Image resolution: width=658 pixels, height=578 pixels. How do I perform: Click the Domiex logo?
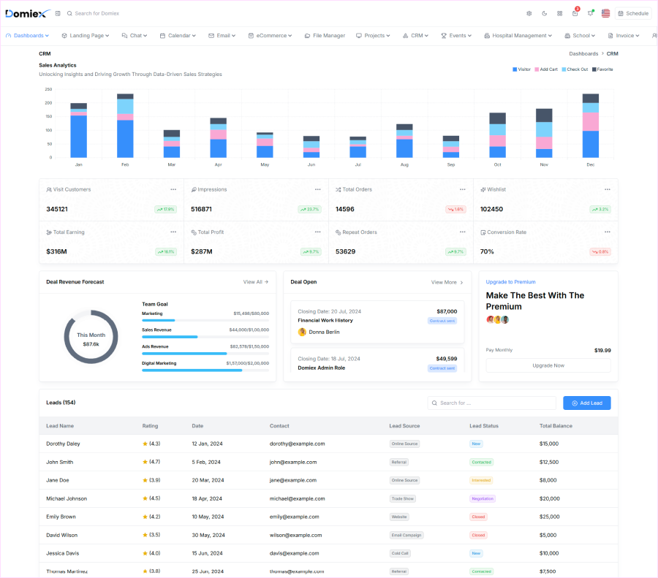pos(27,13)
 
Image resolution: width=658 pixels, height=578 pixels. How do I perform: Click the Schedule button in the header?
pos(633,13)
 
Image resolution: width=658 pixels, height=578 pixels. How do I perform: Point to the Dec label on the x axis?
pos(590,165)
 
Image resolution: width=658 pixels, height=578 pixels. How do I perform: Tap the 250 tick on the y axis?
pos(48,89)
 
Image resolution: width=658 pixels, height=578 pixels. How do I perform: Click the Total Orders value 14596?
pos(345,209)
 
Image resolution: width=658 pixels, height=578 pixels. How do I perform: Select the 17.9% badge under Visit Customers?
pos(166,209)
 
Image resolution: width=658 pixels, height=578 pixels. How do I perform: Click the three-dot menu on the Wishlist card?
pos(607,189)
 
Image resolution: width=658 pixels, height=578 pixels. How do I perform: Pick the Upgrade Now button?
pos(548,365)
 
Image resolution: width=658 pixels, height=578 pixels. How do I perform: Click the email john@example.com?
pos(293,462)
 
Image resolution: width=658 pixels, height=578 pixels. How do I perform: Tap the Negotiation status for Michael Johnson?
pos(482,498)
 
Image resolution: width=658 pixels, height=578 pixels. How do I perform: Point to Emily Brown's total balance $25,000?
pos(549,517)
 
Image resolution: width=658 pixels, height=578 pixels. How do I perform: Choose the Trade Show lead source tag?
pos(404,498)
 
